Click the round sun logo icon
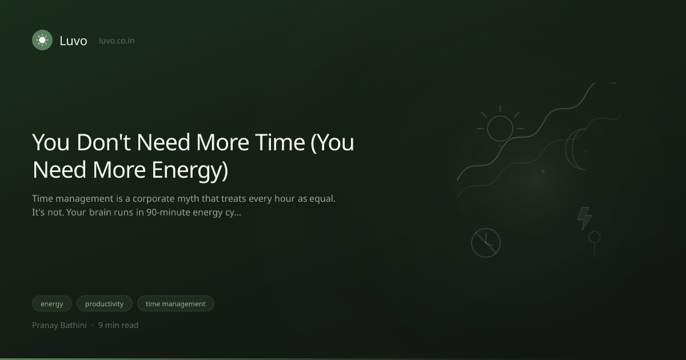pyautogui.click(x=42, y=40)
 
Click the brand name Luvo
pyautogui.click(x=74, y=41)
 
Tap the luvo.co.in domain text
pyautogui.click(x=117, y=41)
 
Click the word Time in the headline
pyautogui.click(x=280, y=142)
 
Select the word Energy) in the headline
pyautogui.click(x=190, y=170)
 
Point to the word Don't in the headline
pyautogui.click(x=104, y=142)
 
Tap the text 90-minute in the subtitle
pyautogui.click(x=168, y=212)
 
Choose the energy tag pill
pyautogui.click(x=52, y=303)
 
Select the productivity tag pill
pyautogui.click(x=105, y=303)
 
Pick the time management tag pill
pyautogui.click(x=176, y=303)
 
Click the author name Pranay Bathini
pyautogui.click(x=59, y=325)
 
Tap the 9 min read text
pyautogui.click(x=118, y=325)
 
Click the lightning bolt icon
pyautogui.click(x=585, y=218)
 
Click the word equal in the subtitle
pyautogui.click(x=322, y=199)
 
